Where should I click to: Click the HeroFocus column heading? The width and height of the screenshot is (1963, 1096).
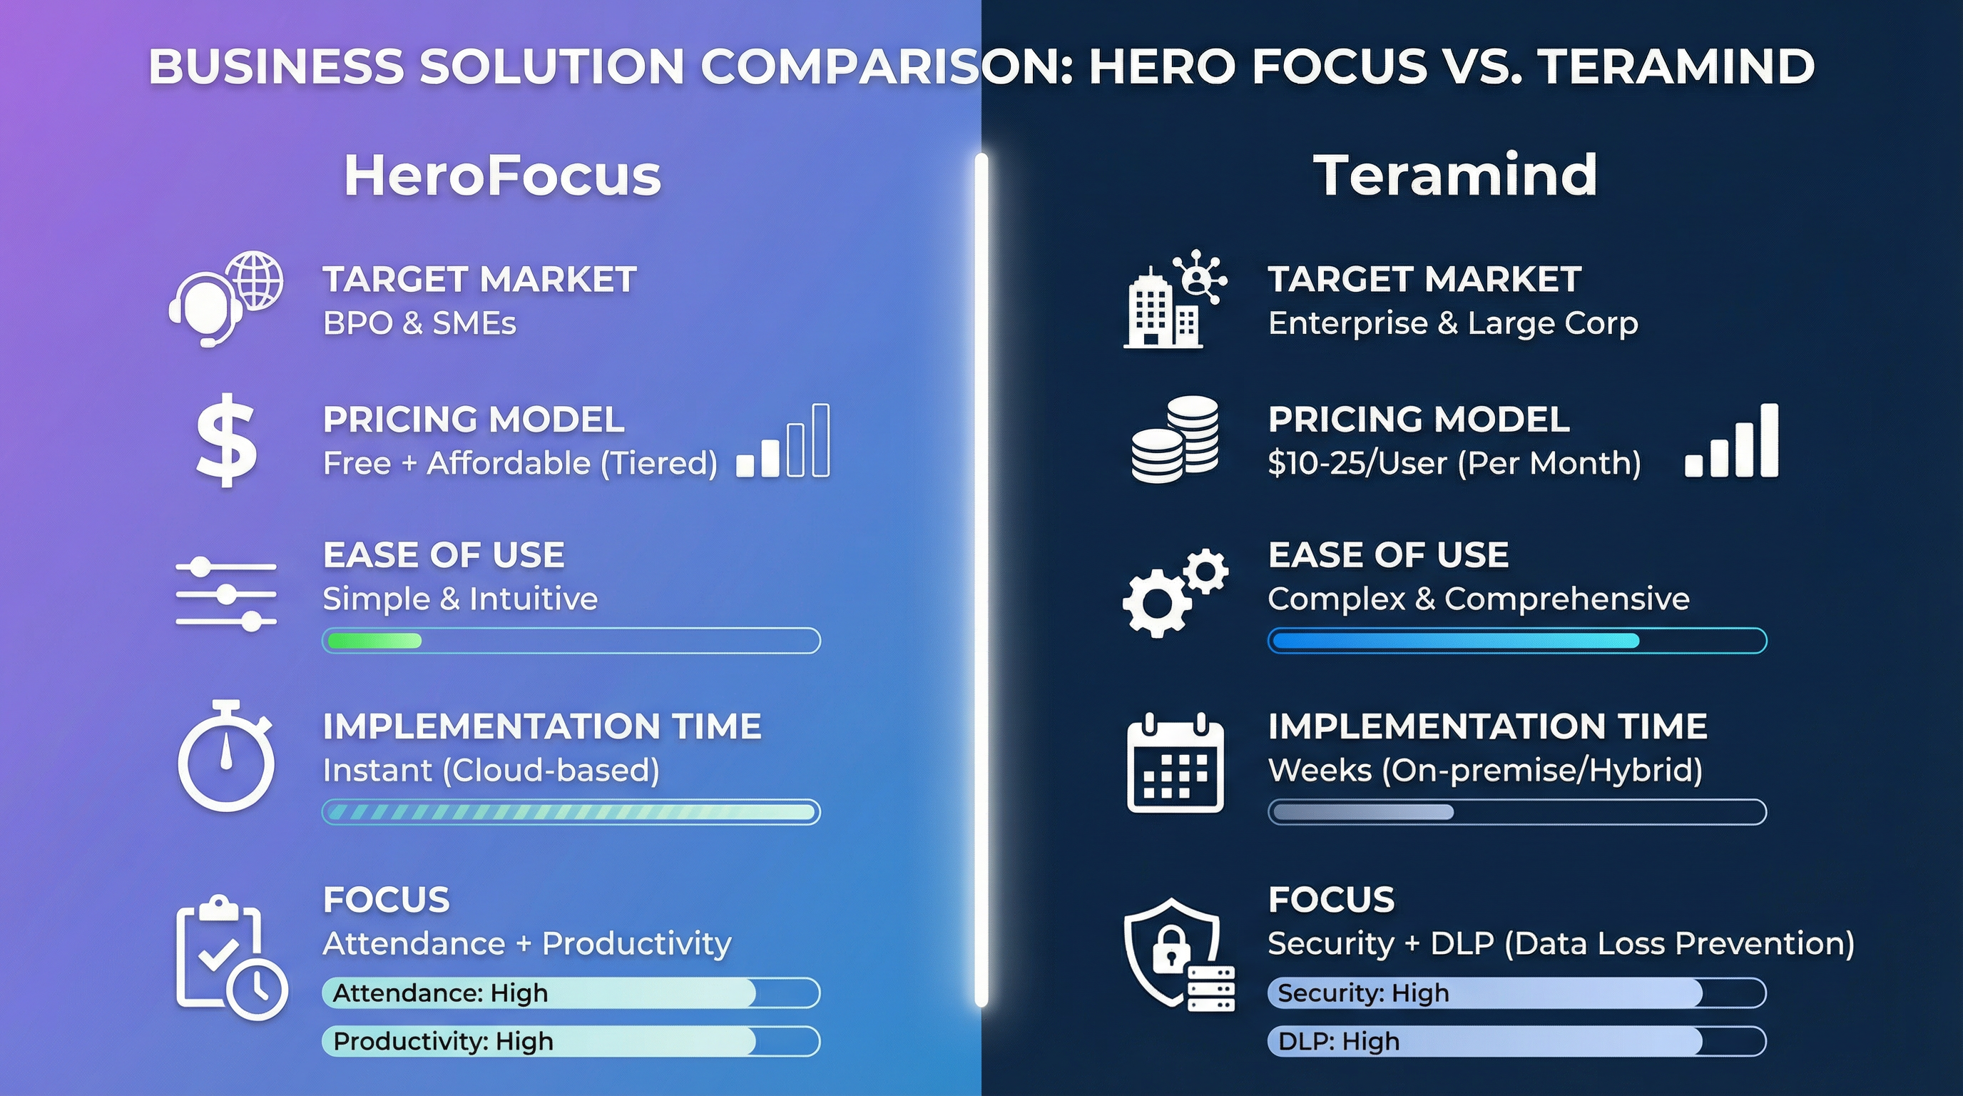click(x=502, y=176)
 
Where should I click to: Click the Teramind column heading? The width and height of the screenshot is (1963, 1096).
click(x=1454, y=176)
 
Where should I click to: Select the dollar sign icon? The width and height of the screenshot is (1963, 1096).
click(x=225, y=440)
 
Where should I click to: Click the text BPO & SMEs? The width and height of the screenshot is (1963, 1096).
click(x=419, y=324)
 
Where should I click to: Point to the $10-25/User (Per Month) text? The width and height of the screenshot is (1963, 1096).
click(x=1454, y=463)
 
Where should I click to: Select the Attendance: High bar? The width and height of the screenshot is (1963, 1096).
click(x=571, y=993)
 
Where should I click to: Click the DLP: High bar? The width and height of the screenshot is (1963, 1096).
click(x=1516, y=1041)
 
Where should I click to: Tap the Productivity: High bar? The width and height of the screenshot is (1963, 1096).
click(x=571, y=1041)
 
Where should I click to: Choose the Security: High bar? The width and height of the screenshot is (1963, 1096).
click(x=1516, y=993)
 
